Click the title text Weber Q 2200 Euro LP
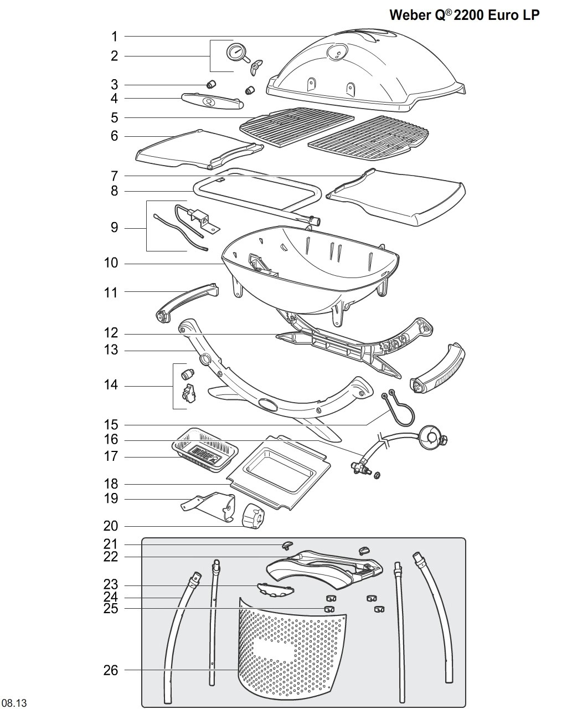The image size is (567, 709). pyautogui.click(x=464, y=15)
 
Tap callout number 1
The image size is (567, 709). pyautogui.click(x=114, y=37)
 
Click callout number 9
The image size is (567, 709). pyautogui.click(x=114, y=228)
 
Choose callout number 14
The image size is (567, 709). pyautogui.click(x=111, y=385)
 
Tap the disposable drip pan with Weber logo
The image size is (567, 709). pyautogui.click(x=205, y=450)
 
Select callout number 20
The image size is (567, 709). pyautogui.click(x=111, y=526)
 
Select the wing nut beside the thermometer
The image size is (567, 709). pyautogui.click(x=256, y=67)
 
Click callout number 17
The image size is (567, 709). pyautogui.click(x=111, y=456)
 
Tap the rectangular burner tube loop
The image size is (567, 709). pyautogui.click(x=257, y=198)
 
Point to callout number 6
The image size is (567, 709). pyautogui.click(x=114, y=136)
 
